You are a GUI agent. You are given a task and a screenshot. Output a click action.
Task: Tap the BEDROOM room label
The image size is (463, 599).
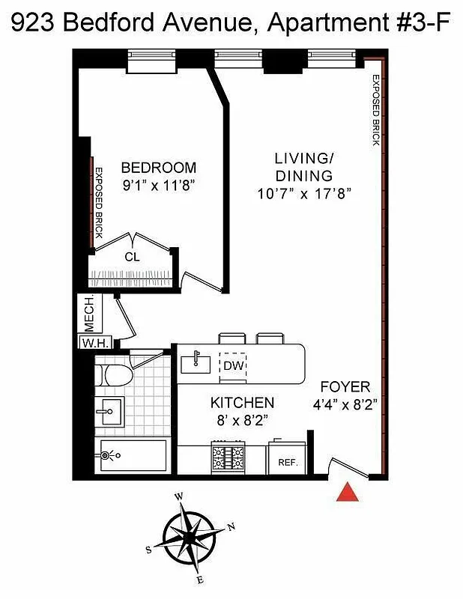159,168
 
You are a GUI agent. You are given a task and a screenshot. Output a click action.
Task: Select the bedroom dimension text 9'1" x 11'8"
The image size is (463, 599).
159,186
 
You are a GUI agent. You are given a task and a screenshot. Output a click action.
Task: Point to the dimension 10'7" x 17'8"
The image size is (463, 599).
303,194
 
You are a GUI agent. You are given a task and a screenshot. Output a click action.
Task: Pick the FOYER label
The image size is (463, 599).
345,387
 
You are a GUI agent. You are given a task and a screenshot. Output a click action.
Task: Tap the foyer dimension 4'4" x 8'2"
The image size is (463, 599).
345,404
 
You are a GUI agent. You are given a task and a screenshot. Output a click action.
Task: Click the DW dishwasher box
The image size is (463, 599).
232,365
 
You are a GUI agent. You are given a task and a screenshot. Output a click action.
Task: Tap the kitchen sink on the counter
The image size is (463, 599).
196,363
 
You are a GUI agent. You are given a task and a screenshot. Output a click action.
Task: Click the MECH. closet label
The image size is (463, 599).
88,314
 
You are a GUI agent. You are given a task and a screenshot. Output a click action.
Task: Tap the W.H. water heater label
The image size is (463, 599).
96,343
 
